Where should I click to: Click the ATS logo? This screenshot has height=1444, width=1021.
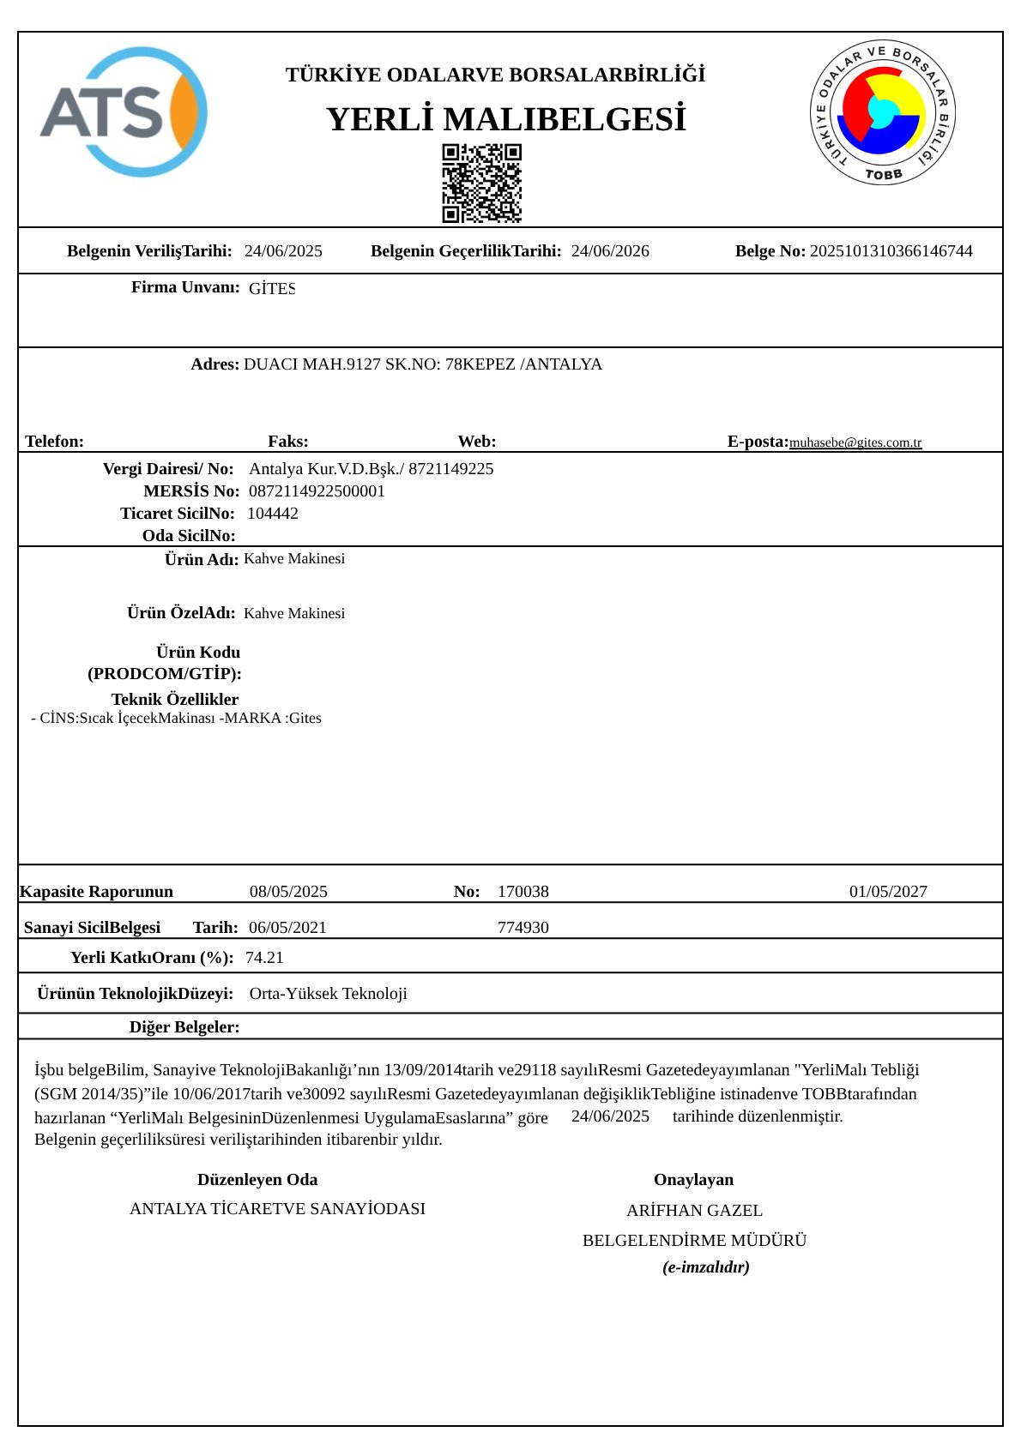pos(123,111)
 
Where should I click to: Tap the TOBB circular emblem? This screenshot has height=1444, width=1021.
pos(883,112)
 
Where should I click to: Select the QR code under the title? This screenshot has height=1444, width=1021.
pos(481,183)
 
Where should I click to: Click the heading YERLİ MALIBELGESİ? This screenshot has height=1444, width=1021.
pos(506,120)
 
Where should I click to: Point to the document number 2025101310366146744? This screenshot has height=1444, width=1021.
pos(891,251)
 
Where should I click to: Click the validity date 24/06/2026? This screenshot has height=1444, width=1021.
pos(610,251)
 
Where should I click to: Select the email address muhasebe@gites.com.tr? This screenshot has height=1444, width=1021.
pos(855,442)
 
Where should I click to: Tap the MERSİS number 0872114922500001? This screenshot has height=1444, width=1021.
pos(317,491)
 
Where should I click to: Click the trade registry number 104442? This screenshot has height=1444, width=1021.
pos(273,514)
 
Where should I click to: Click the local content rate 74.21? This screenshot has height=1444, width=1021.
pos(264,958)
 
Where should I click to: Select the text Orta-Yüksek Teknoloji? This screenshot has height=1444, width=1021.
pos(328,994)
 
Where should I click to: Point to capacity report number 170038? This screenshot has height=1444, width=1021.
pos(523,892)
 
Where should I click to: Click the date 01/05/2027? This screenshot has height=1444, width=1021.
pos(888,892)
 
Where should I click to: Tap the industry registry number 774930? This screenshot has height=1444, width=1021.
pos(523,928)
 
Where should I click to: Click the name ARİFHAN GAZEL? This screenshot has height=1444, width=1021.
pos(694,1211)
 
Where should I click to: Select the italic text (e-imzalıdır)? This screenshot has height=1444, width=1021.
pos(705,1267)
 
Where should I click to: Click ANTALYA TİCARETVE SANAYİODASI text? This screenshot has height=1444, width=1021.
pos(277,1209)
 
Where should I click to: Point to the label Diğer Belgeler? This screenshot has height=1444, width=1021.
pos(184,1027)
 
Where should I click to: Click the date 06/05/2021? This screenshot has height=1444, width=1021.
pos(287,928)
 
